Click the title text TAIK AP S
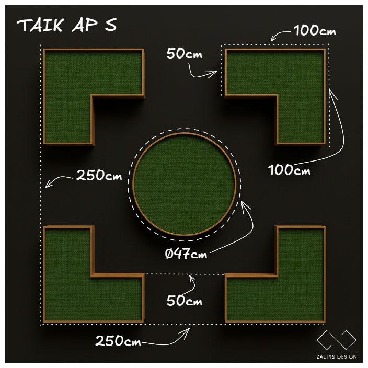tap(66, 25)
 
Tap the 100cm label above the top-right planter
tap(315, 30)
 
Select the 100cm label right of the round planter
tap(289, 170)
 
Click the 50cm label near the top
tap(184, 53)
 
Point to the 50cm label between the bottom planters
tap(184, 300)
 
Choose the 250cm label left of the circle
tap(99, 175)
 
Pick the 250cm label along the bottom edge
tap(118, 340)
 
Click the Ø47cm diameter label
tap(186, 254)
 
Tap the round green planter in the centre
tap(184, 184)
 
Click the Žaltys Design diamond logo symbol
tap(336, 340)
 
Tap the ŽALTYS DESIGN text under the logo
tap(336, 356)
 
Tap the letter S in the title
tap(111, 25)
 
